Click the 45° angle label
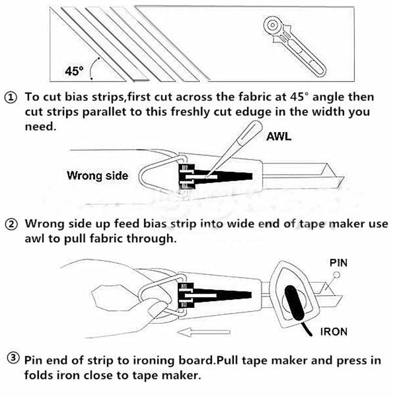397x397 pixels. tap(73, 71)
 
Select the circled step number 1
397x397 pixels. tap(10, 97)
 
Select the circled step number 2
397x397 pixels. tap(10, 225)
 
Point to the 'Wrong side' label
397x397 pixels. tap(97, 175)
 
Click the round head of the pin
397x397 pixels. tap(336, 274)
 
